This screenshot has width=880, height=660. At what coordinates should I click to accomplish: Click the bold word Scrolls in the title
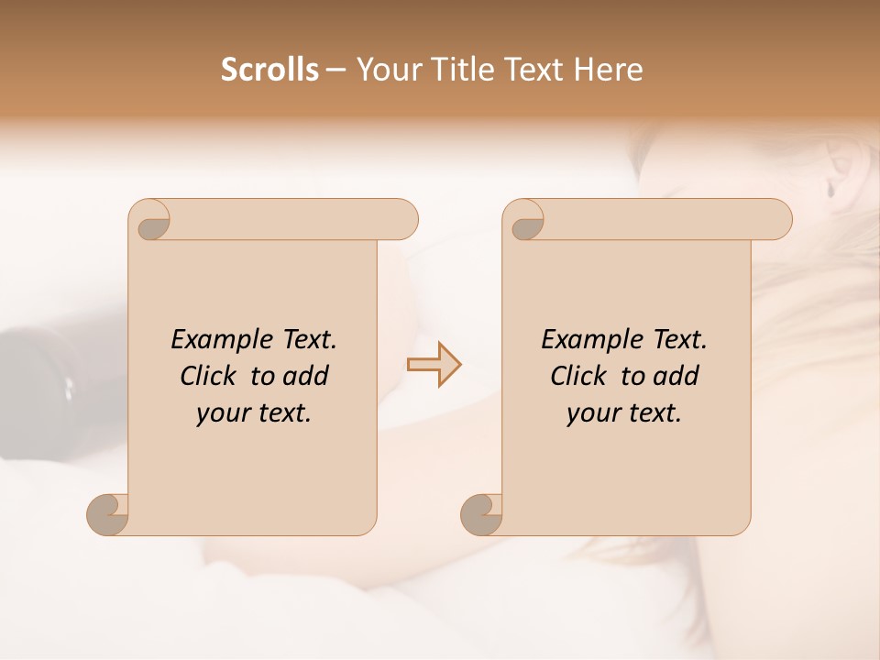pos(269,70)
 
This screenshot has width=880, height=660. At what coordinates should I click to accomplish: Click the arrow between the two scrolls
pos(434,365)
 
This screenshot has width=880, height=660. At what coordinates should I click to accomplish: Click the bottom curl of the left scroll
pos(108,514)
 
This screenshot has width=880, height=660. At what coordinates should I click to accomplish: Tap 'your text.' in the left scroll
pos(254,412)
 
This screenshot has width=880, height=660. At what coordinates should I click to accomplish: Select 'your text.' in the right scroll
pos(624,412)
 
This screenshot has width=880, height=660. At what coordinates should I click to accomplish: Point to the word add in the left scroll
pos(306,376)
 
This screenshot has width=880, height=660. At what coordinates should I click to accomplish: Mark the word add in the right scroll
pos(676,376)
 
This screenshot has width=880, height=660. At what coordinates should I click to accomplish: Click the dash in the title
pos(336,70)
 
